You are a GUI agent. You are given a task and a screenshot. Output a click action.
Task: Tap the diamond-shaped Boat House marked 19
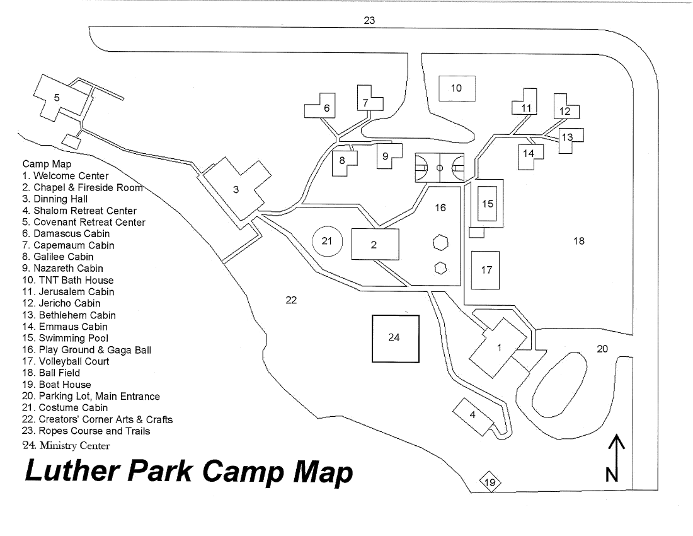[x=491, y=484]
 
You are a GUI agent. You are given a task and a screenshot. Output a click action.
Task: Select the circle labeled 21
[x=327, y=241]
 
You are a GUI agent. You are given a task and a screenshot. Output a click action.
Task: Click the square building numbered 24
[x=395, y=338]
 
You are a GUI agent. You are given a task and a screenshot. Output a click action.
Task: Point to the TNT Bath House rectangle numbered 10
[x=456, y=88]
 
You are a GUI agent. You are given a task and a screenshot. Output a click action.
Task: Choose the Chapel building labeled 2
[x=374, y=244]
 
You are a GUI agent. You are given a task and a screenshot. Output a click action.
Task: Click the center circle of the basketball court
[x=440, y=168]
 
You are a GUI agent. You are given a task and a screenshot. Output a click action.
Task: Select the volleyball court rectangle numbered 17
[x=486, y=270]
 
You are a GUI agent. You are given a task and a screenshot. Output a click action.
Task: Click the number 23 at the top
[x=369, y=20]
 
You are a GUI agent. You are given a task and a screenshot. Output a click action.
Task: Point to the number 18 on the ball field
[x=579, y=241]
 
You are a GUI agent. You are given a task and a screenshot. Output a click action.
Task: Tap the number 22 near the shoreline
[x=290, y=300]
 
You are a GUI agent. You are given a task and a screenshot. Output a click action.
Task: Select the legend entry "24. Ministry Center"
[x=66, y=446]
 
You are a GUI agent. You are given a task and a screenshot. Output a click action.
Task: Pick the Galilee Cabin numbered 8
[x=343, y=162]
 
